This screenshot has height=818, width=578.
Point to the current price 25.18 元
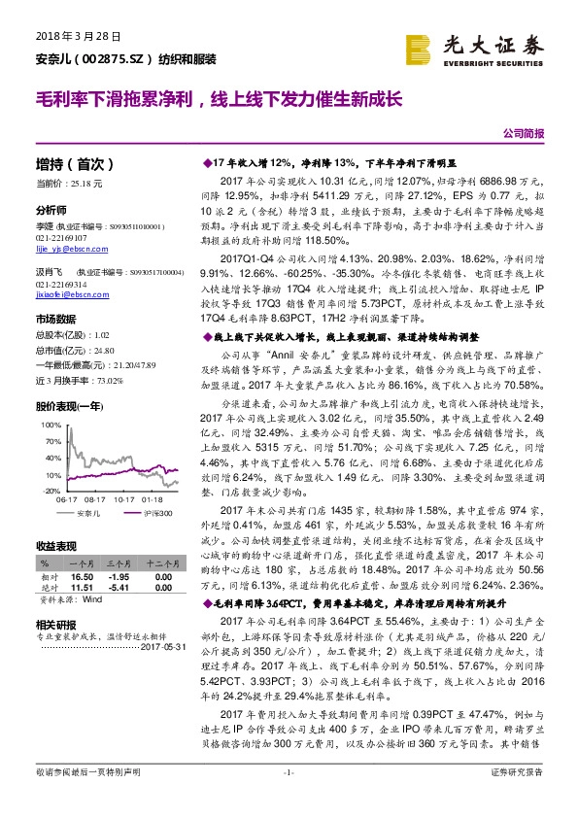pos(93,182)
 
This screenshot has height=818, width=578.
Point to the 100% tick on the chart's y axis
pos(46,426)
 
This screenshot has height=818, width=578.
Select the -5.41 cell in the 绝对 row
pos(119,587)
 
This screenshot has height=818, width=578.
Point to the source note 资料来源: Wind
pos(68,600)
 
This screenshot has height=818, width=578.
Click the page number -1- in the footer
pos(288,800)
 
